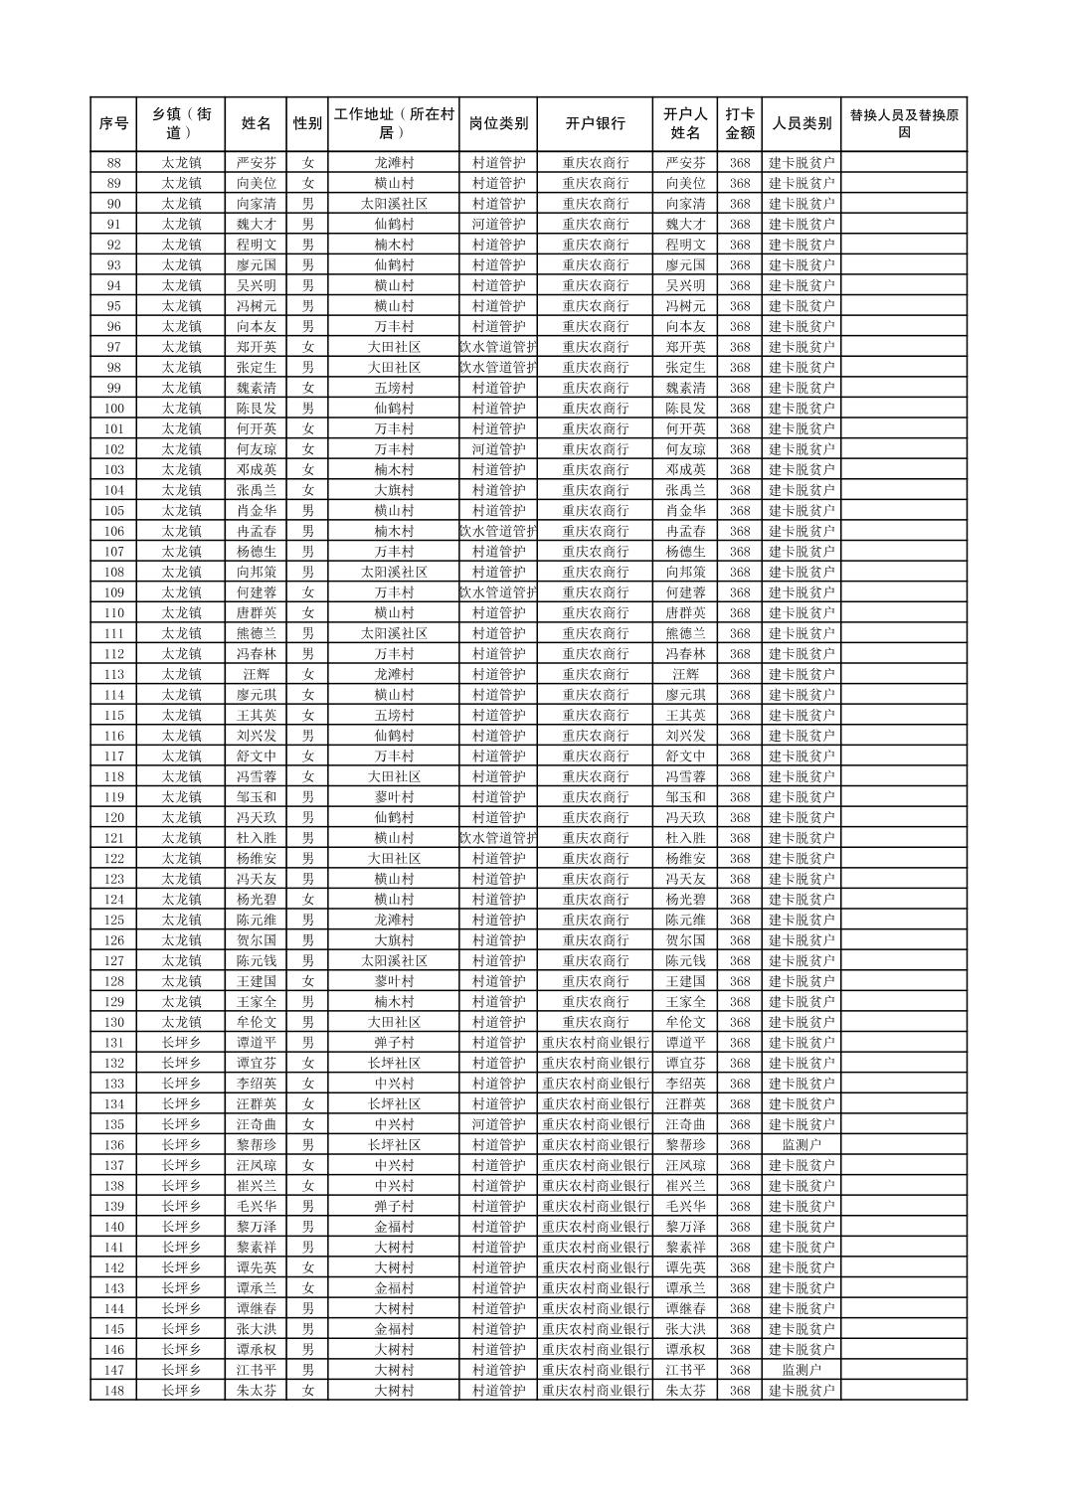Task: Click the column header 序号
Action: click(113, 124)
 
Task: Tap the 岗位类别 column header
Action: click(498, 124)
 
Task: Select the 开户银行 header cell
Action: click(596, 124)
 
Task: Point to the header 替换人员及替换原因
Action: click(903, 124)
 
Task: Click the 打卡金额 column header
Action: click(739, 124)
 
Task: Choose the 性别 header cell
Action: click(307, 124)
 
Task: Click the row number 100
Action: click(113, 409)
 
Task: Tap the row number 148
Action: click(113, 1391)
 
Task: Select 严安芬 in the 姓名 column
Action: click(257, 163)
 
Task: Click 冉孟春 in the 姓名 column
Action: click(257, 531)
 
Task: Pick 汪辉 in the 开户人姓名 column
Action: click(685, 674)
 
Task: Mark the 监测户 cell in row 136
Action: click(801, 1145)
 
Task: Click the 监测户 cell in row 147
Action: click(801, 1370)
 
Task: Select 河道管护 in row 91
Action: click(498, 225)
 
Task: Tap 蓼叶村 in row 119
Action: click(394, 797)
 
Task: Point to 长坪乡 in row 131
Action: click(181, 1043)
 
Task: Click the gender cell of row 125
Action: click(307, 920)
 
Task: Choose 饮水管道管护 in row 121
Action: click(498, 838)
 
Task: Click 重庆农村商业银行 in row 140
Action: click(596, 1227)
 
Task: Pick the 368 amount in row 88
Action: click(739, 163)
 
